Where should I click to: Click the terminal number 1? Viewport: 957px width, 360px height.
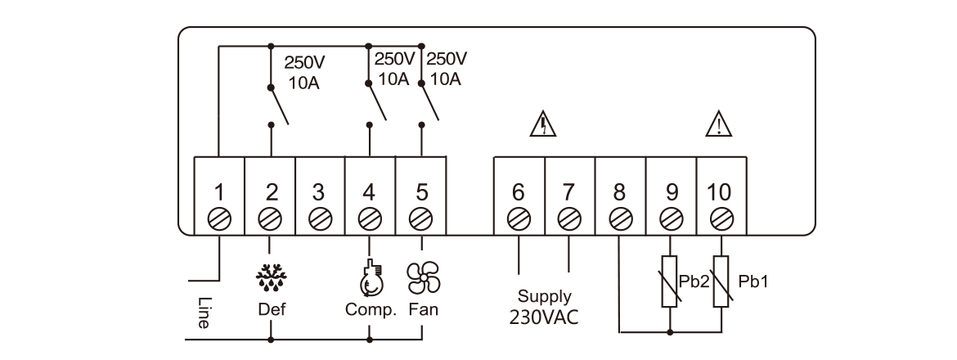[x=219, y=193]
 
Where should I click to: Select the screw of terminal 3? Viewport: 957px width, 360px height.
[x=319, y=219]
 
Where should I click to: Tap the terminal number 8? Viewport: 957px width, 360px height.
[x=620, y=193]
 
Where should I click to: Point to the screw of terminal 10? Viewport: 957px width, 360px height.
[x=721, y=219]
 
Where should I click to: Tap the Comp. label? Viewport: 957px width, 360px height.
[x=371, y=311]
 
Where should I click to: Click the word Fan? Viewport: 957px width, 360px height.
[x=422, y=311]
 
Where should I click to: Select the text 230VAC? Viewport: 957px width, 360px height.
[x=544, y=317]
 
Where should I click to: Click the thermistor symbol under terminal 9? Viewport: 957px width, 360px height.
[x=671, y=281]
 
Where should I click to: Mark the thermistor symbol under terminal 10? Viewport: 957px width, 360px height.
[x=721, y=281]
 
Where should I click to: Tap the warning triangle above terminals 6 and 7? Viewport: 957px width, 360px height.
[x=543, y=124]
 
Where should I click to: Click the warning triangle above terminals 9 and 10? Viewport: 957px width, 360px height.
[x=719, y=124]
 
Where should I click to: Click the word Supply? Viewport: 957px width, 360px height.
[x=544, y=297]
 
